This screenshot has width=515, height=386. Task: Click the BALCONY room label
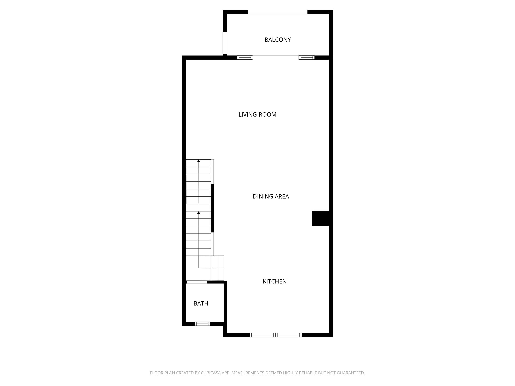(278, 40)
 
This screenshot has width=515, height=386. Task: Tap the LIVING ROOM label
(257, 115)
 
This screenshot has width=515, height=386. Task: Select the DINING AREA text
(271, 196)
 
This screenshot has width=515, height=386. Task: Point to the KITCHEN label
(275, 281)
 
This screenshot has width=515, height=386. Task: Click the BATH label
(201, 303)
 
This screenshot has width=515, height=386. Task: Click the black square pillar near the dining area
(320, 218)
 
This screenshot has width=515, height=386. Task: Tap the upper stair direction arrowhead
(199, 161)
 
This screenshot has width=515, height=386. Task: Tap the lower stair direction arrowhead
(199, 213)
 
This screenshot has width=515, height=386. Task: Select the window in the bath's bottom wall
(202, 324)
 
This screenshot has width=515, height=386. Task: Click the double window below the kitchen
(276, 335)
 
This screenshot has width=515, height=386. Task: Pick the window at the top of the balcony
(278, 12)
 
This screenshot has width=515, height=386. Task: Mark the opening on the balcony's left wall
(225, 43)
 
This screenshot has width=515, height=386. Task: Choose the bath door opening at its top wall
(197, 282)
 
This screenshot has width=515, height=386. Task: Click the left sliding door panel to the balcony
(245, 58)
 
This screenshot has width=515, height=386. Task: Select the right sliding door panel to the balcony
(307, 58)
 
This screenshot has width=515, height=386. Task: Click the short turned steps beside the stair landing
(218, 268)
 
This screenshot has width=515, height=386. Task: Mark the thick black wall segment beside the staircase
(212, 208)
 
